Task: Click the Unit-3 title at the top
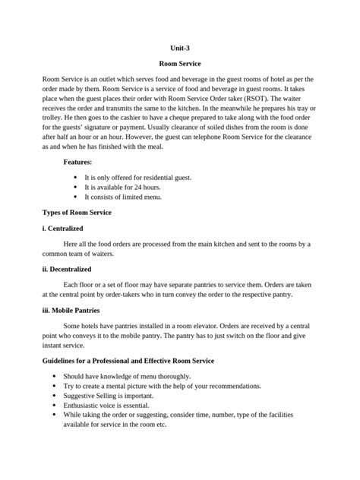tap(179, 49)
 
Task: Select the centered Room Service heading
tap(179, 65)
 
